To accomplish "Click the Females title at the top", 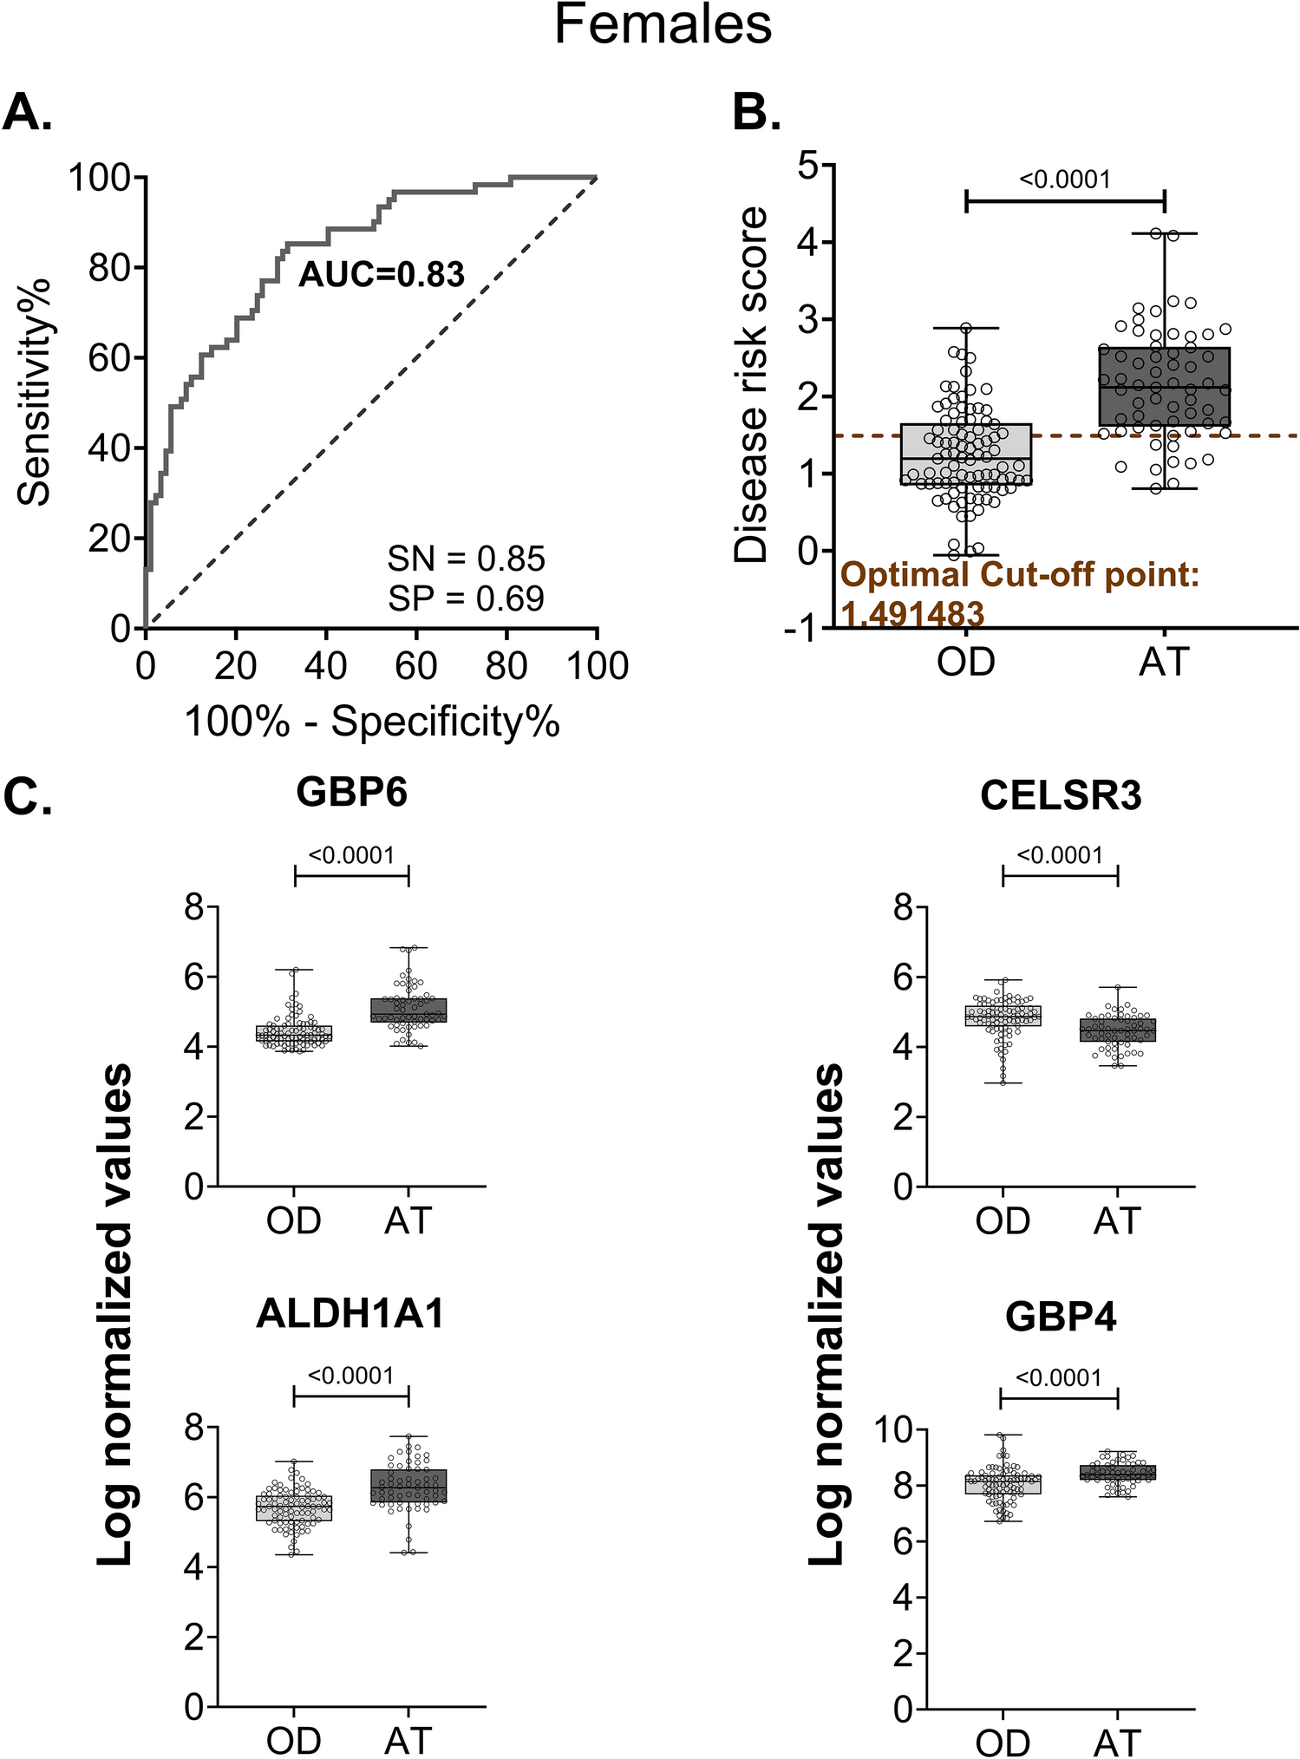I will click(663, 26).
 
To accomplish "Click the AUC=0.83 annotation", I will click(382, 275).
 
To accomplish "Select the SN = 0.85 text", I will click(466, 559).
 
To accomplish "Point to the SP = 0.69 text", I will click(466, 598).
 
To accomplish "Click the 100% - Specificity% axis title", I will click(372, 722).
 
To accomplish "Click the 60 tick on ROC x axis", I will click(416, 666).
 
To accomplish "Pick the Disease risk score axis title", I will click(751, 385).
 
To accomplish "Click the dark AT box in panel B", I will click(1164, 386).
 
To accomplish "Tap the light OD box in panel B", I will click(965, 454).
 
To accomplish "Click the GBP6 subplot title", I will click(351, 791).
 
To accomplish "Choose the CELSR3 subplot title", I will click(1060, 795).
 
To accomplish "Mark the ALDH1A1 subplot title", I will click(350, 1313).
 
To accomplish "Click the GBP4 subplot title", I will click(1060, 1318).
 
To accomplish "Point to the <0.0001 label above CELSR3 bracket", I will click(1060, 855).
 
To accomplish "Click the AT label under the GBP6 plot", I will click(408, 1221).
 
